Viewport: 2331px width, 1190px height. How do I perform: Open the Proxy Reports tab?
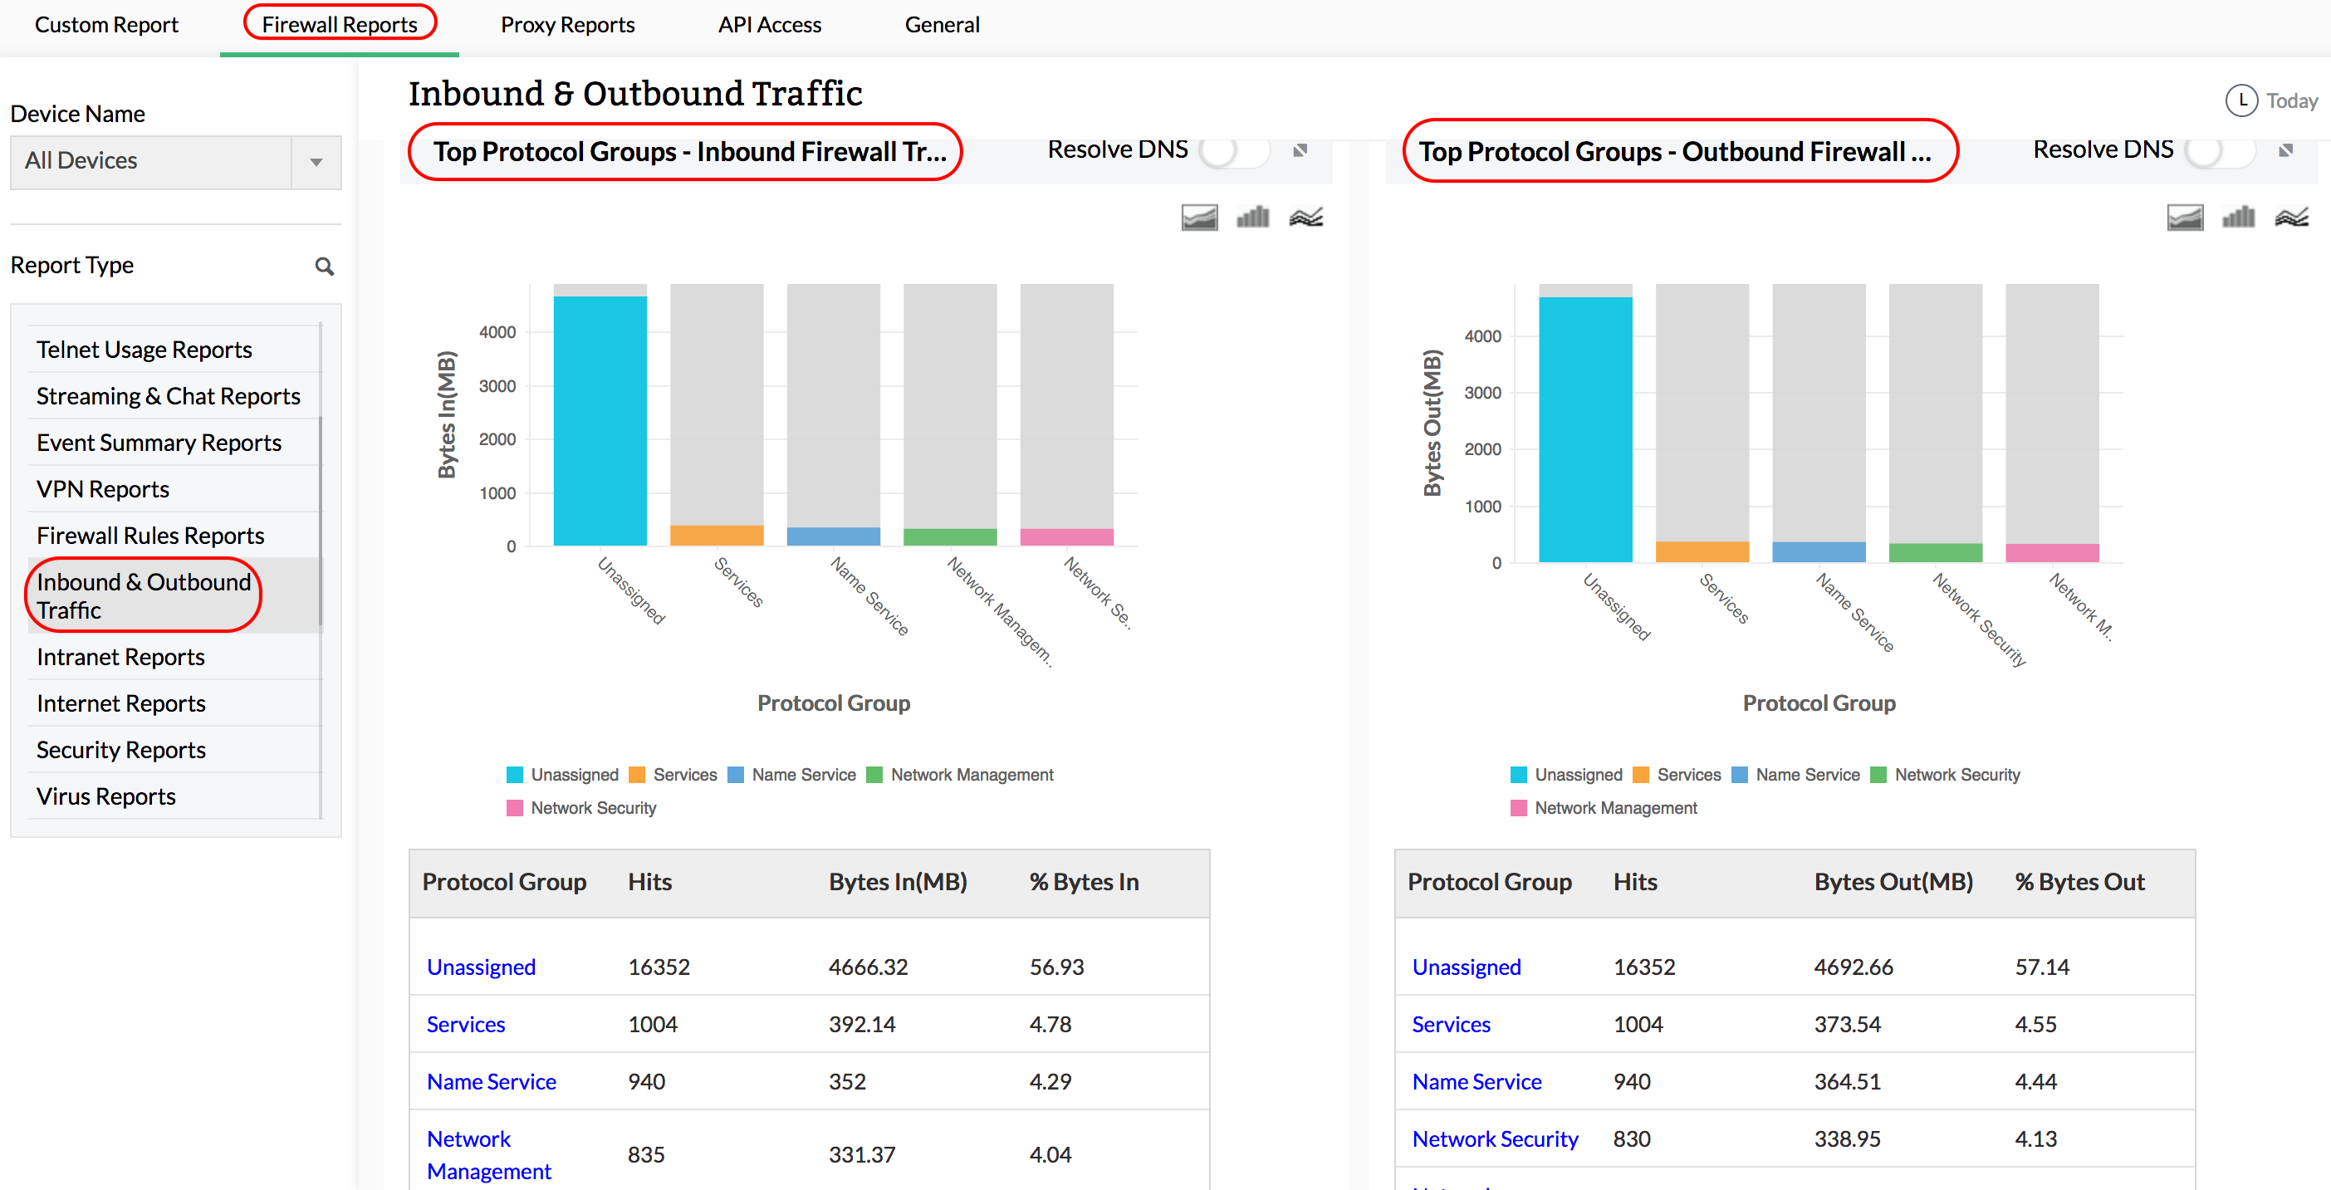pyautogui.click(x=567, y=24)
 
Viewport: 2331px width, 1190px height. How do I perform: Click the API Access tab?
pyautogui.click(x=769, y=24)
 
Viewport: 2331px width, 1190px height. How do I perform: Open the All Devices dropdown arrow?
pyautogui.click(x=316, y=162)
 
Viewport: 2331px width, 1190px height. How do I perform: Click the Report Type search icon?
pyautogui.click(x=324, y=266)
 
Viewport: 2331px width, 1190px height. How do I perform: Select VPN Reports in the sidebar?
pyautogui.click(x=103, y=488)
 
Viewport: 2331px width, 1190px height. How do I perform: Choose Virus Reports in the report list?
pyautogui.click(x=105, y=796)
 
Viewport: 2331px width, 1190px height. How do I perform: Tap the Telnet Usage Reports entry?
pyautogui.click(x=144, y=350)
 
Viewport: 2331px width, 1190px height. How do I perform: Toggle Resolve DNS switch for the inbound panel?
pyautogui.click(x=1234, y=150)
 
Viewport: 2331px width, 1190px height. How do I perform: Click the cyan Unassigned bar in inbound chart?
pyautogui.click(x=600, y=421)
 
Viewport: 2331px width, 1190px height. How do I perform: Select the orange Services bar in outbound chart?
pyautogui.click(x=1702, y=551)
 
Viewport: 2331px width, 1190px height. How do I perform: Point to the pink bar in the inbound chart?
pyautogui.click(x=1066, y=536)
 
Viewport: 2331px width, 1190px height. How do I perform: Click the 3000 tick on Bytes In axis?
pyautogui.click(x=497, y=385)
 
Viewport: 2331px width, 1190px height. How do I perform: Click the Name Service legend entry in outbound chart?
pyautogui.click(x=1806, y=775)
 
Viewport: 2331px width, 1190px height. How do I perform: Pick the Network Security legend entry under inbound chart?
pyautogui.click(x=593, y=808)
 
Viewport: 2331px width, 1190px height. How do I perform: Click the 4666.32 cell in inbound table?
pyautogui.click(x=868, y=967)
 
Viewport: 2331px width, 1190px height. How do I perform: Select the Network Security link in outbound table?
pyautogui.click(x=1495, y=1139)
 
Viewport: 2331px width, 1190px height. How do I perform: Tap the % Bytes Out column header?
pyautogui.click(x=2079, y=881)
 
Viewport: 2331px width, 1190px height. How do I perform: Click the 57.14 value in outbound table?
pyautogui.click(x=2041, y=967)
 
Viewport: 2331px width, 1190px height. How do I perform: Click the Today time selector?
pyautogui.click(x=2272, y=100)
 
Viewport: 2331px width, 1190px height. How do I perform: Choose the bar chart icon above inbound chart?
pyautogui.click(x=1253, y=218)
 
